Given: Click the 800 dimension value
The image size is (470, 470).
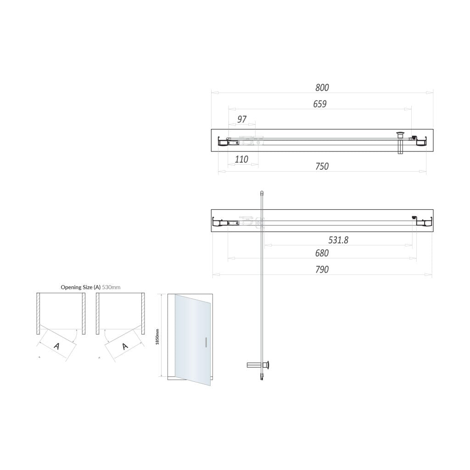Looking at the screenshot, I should click(x=322, y=87).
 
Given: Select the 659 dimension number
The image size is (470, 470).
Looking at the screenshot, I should click(x=319, y=104).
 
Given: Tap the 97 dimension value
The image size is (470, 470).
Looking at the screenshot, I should click(x=242, y=119).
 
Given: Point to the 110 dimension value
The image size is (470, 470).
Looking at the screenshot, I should click(x=241, y=159).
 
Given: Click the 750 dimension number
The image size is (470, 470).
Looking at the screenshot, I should click(x=322, y=166).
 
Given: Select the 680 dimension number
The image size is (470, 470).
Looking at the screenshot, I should click(x=322, y=253).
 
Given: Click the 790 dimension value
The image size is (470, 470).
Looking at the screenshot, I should click(x=322, y=269).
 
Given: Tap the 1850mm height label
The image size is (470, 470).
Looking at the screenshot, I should click(x=157, y=336).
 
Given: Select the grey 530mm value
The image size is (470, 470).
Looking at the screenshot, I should click(x=111, y=287).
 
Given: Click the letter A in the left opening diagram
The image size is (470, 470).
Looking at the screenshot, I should click(x=56, y=346).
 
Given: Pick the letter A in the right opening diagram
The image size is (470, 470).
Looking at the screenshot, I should click(x=124, y=346).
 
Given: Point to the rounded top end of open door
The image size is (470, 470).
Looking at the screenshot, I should click(x=262, y=194).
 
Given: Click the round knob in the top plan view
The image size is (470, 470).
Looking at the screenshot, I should click(x=401, y=134).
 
